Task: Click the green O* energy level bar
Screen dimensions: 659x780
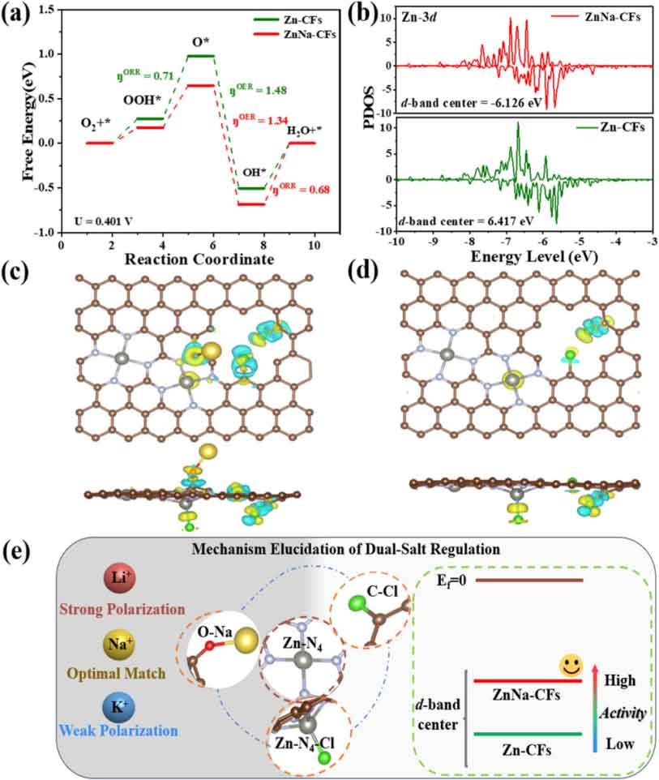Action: tap(200, 56)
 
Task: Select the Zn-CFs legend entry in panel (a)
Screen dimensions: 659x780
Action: tap(288, 20)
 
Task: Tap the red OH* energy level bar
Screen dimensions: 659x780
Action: tap(251, 204)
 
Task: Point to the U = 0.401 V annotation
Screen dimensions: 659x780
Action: tap(103, 221)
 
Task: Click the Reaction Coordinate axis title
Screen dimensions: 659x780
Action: tap(199, 259)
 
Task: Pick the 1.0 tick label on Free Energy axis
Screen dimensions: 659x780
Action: tap(47, 54)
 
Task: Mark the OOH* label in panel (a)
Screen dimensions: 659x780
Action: tap(142, 100)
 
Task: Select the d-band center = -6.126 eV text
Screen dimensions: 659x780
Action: tap(471, 104)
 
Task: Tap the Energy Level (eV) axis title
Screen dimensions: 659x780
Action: tap(533, 257)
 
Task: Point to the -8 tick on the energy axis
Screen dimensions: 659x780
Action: tap(469, 242)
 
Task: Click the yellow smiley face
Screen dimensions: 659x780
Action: tap(571, 666)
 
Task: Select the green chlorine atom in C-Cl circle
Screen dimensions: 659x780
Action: tap(357, 603)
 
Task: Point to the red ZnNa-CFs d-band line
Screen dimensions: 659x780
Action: tap(528, 680)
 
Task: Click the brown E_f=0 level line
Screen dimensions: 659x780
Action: tap(528, 580)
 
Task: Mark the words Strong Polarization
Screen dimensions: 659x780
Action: tap(122, 609)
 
